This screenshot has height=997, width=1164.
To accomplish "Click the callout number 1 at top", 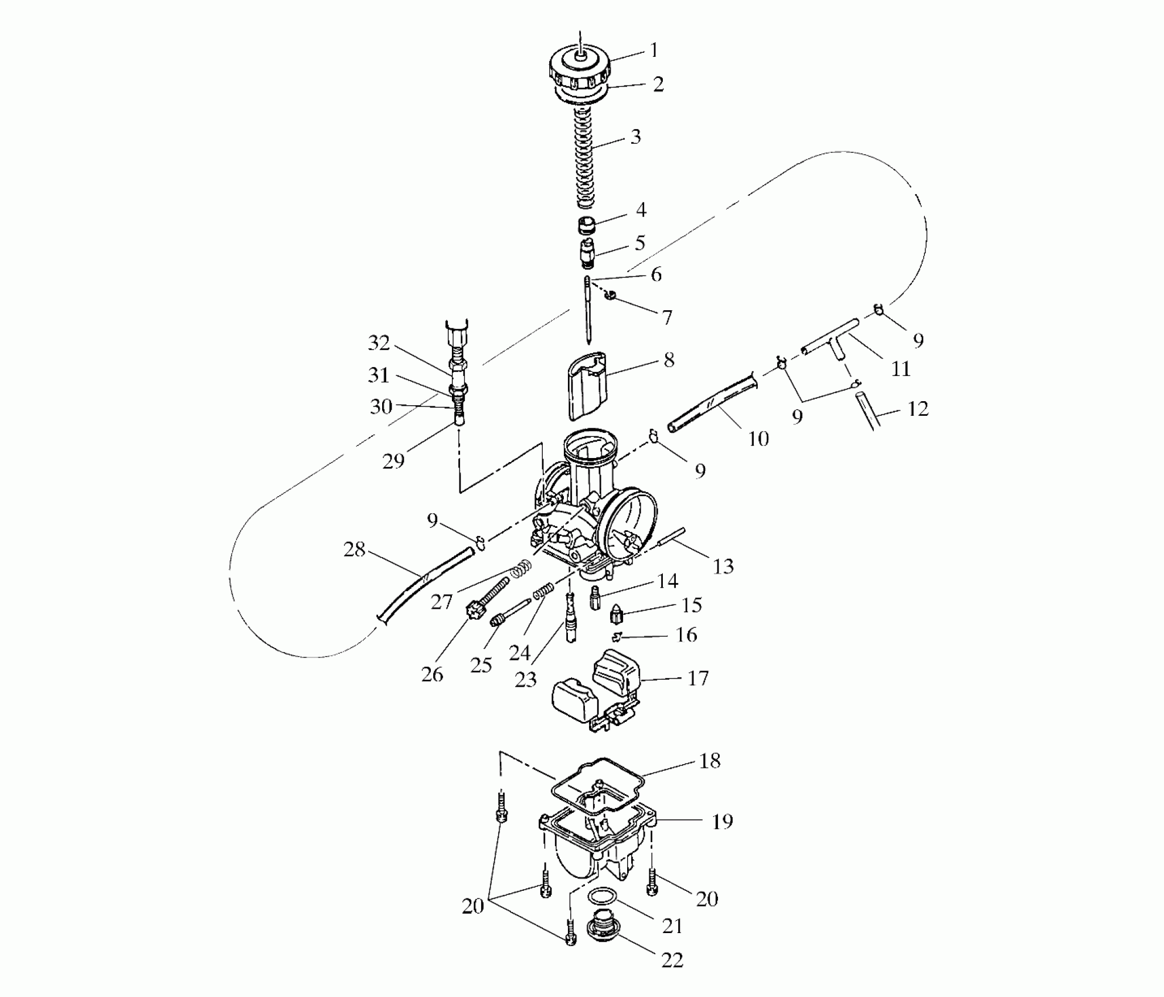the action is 654,50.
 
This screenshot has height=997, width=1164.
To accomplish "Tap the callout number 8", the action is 669,360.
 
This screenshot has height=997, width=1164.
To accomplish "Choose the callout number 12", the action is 918,409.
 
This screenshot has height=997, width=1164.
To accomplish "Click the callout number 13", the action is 723,567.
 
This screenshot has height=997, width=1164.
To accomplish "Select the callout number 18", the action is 710,761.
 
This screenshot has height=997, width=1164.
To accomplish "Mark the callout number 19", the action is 722,822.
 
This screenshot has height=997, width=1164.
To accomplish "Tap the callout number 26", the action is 433,674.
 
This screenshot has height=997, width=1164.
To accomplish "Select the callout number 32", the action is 379,343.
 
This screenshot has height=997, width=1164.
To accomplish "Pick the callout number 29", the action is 393,462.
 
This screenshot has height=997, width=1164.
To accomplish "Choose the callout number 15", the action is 692,605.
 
